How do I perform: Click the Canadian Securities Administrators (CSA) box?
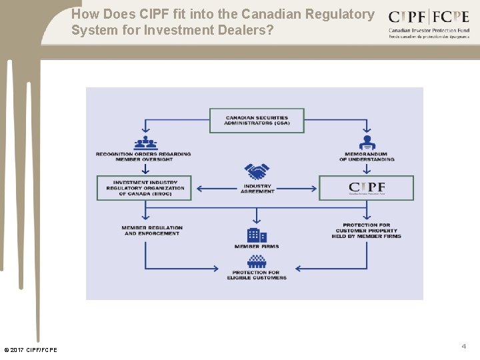pos(257,121)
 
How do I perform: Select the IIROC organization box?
pos(145,188)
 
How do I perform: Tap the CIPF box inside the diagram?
pos(366,188)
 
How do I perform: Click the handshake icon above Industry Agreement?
pos(257,172)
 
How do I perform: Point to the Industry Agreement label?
pos(257,189)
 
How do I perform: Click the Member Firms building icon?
pos(257,235)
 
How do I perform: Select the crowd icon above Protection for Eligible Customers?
pos(257,261)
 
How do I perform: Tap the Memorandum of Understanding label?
pos(367,157)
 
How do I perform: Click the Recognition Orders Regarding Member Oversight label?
pos(143,157)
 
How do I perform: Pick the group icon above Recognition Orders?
pos(145,143)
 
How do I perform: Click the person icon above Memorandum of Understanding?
pos(367,143)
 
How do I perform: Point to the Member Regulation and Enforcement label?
pos(152,231)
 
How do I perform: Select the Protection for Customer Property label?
pos(366,231)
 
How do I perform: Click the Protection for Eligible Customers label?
pos(257,275)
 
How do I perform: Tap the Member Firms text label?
pos(257,247)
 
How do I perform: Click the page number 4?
pos(463,346)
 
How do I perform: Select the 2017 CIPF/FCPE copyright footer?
pos(31,350)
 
